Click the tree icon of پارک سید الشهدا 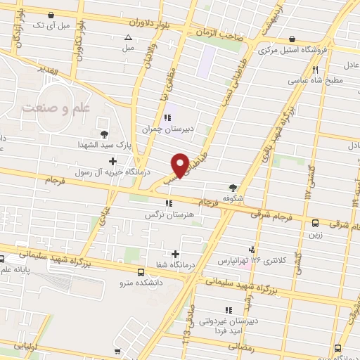(x=104, y=133)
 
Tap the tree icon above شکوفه (x=233, y=187)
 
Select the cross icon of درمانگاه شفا (x=175, y=253)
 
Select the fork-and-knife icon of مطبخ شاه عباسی (x=316, y=70)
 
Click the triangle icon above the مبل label (x=127, y=38)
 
